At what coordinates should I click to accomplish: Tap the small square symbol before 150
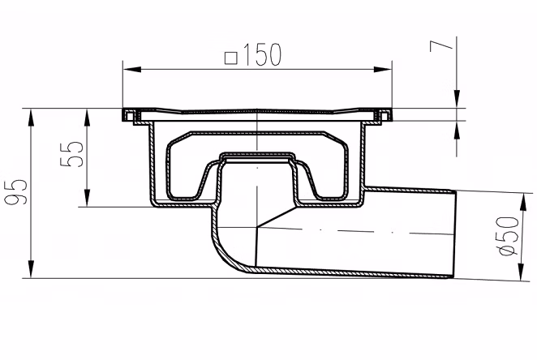231,58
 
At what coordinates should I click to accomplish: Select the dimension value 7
441,45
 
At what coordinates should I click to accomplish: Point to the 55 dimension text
71,154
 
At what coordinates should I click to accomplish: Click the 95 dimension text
15,192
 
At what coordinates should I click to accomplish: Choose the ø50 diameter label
509,236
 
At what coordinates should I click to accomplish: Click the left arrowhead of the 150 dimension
132,70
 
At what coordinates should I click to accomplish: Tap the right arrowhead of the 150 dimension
383,70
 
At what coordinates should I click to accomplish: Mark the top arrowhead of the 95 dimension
31,118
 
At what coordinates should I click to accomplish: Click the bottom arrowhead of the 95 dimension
31,269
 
